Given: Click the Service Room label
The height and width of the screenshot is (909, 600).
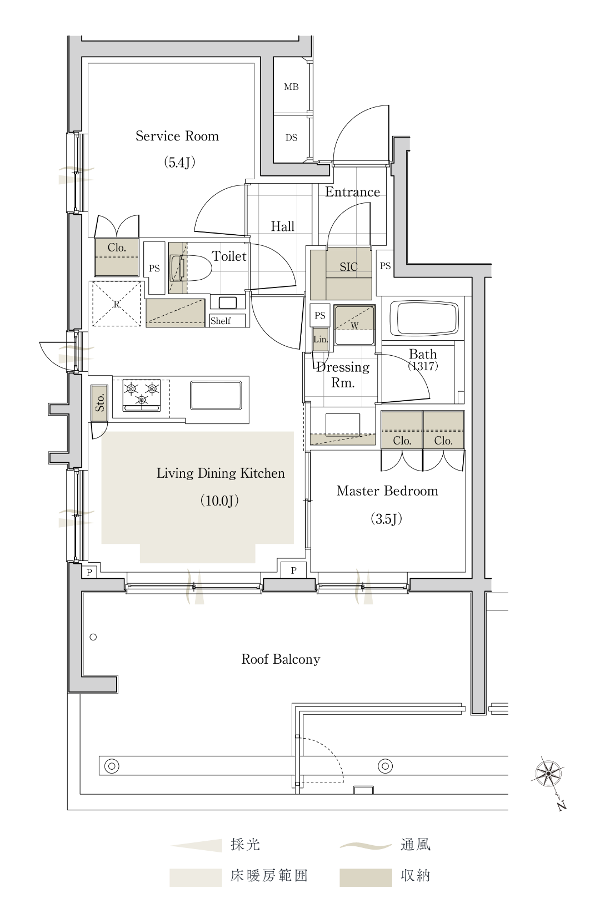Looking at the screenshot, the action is pyautogui.click(x=177, y=136).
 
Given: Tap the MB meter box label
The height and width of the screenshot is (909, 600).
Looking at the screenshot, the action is pyautogui.click(x=291, y=87).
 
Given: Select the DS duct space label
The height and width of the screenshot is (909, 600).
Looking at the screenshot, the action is pyautogui.click(x=291, y=138).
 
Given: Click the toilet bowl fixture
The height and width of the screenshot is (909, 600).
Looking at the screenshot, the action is pyautogui.click(x=189, y=268).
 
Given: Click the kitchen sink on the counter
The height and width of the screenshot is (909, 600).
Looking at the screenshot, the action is pyautogui.click(x=216, y=395).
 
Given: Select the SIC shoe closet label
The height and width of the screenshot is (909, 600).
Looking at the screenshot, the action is pyautogui.click(x=348, y=266).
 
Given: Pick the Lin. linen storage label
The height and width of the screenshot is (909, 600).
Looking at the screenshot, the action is pyautogui.click(x=321, y=339).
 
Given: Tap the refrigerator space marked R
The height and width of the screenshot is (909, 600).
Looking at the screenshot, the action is pyautogui.click(x=117, y=304).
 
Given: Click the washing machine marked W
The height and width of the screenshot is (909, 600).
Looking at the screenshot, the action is pyautogui.click(x=354, y=325).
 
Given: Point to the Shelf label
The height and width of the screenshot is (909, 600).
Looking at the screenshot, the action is pyautogui.click(x=221, y=321).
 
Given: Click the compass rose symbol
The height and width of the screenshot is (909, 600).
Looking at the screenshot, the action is pyautogui.click(x=548, y=773).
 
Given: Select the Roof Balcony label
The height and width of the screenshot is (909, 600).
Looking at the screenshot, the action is pyautogui.click(x=281, y=659).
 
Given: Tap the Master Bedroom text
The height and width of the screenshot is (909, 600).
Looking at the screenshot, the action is pyautogui.click(x=387, y=491).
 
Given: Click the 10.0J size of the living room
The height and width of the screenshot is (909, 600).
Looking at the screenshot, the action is pyautogui.click(x=219, y=501).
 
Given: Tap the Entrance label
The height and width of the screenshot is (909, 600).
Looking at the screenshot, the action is pyautogui.click(x=352, y=191).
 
